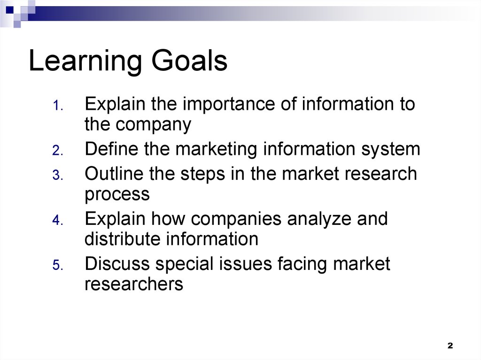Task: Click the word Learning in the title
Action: point(85,61)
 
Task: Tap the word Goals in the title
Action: point(189,60)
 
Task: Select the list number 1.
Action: point(58,106)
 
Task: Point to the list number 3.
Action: point(58,175)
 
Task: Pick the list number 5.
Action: point(58,265)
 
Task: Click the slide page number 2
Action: point(450,345)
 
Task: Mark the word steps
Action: point(203,175)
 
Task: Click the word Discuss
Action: point(117,263)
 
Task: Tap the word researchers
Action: point(134,284)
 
